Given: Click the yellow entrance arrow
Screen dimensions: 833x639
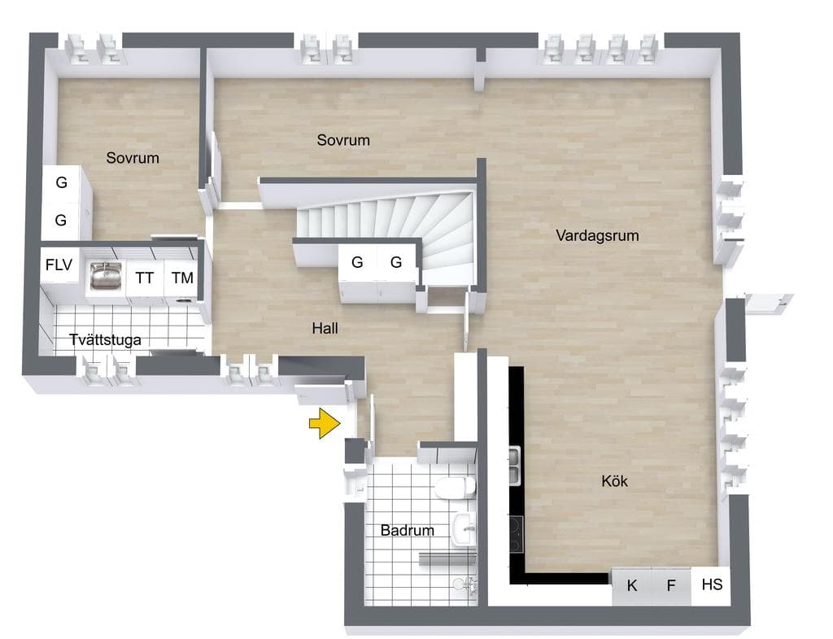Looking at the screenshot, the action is tap(325, 423).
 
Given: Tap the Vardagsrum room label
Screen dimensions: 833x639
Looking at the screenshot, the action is tap(597, 235).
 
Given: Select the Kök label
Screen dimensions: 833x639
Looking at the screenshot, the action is tap(615, 481).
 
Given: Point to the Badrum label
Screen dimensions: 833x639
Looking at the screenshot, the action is tap(408, 530).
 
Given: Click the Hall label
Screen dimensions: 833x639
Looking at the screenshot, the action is tap(325, 328).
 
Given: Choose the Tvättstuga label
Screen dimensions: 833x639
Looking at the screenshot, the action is tap(105, 339).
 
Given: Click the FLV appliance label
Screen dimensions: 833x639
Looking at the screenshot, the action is tap(59, 265).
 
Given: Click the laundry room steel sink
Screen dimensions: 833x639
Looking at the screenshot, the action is tap(106, 276).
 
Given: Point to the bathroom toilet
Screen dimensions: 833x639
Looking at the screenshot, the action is tap(456, 487).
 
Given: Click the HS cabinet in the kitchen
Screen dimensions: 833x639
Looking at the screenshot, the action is tap(711, 586).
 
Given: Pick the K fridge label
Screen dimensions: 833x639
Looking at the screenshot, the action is tap(631, 585).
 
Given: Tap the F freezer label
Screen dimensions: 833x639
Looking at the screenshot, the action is tap(671, 585).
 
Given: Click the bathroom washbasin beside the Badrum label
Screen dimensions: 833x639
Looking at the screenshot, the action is tap(464, 530).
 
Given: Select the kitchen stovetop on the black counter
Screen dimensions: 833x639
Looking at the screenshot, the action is tap(516, 534).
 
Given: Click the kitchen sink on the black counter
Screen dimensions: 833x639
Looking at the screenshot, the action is tap(514, 466).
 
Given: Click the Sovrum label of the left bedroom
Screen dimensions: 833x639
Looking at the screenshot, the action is tap(133, 158).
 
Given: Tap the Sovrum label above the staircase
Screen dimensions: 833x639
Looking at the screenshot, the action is tap(343, 140).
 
